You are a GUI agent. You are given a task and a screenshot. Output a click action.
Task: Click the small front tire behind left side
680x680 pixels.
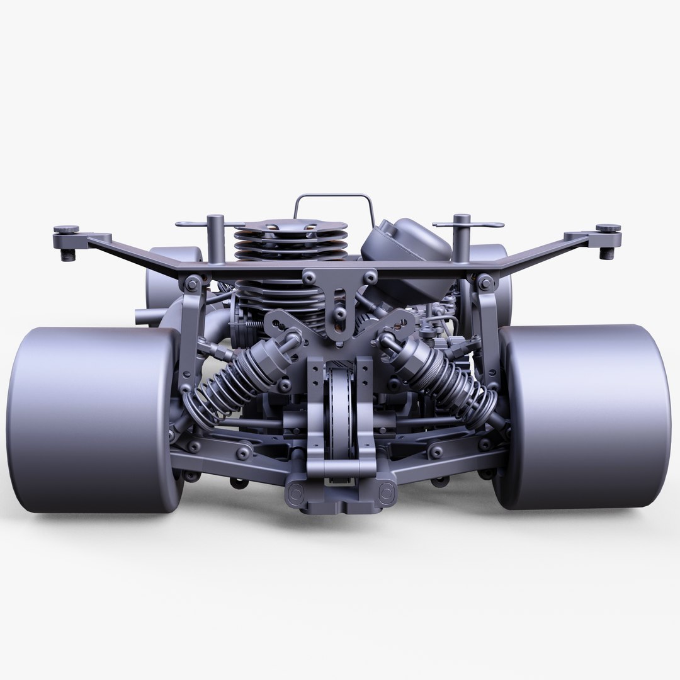[170, 277]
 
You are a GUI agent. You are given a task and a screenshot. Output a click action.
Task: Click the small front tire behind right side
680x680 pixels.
[497, 277]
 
